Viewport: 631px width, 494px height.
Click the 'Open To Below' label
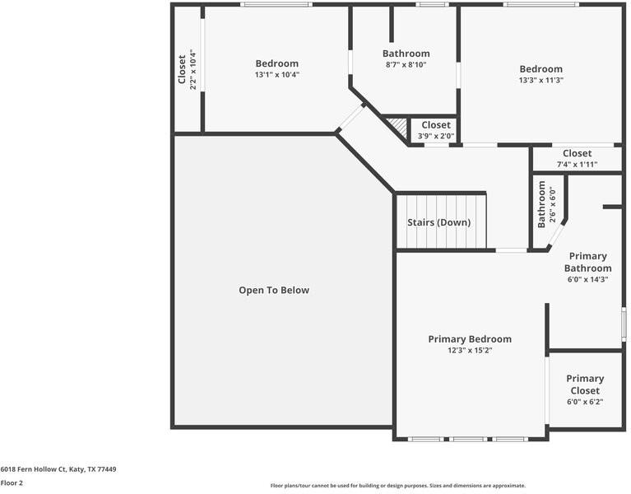pos(274,290)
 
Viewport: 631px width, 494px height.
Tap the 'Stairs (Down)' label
pos(438,222)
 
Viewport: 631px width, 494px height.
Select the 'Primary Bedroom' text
pos(469,339)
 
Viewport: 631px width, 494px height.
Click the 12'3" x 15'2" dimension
pos(469,351)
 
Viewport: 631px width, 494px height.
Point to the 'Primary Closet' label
pos(585,384)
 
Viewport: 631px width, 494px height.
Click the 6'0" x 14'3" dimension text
pos(587,280)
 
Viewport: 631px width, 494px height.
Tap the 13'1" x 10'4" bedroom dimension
pos(276,75)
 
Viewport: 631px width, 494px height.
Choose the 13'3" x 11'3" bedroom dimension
pos(541,81)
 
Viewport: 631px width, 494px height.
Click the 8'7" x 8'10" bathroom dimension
pos(406,65)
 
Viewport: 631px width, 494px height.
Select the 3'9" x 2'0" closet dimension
pos(435,137)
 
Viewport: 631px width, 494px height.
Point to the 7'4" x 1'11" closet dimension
pos(577,165)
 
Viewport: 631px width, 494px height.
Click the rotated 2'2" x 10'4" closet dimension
pos(193,70)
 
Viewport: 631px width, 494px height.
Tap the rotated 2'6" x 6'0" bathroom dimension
pos(552,205)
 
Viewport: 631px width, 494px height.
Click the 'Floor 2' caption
pos(12,483)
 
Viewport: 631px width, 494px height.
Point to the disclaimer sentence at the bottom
pos(397,486)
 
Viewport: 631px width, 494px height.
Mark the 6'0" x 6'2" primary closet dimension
pos(585,403)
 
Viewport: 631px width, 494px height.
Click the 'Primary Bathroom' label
pos(587,262)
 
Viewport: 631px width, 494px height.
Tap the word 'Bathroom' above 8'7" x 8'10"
pos(406,54)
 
